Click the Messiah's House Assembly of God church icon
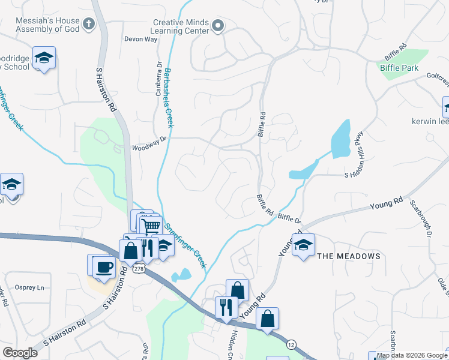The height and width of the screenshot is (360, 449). (x=89, y=25)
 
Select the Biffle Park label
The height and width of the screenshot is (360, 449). (x=399, y=68)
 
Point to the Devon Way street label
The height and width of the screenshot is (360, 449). (x=140, y=39)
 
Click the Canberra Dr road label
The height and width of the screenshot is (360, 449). (x=160, y=79)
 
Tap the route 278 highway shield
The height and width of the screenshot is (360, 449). (x=139, y=269)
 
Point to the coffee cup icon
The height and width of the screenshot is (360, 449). (x=104, y=266)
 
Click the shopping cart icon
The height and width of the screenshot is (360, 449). (x=151, y=226)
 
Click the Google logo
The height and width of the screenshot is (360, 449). (x=20, y=353)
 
